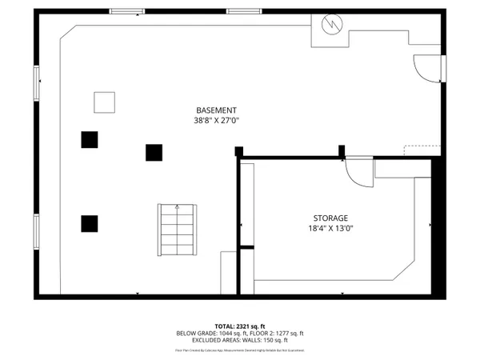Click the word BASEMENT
[x=217, y=110]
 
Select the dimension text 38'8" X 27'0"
[x=217, y=121]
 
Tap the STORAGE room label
[x=330, y=217]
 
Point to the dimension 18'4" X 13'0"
[x=330, y=227]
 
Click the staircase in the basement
[x=177, y=230]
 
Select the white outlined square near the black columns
[x=105, y=102]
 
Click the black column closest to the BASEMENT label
[x=154, y=151]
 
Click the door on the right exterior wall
[x=426, y=69]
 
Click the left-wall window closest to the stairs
[x=35, y=231]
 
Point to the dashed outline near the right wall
[x=417, y=149]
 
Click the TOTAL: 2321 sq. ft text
[x=239, y=326]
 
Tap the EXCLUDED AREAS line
[x=239, y=341]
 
